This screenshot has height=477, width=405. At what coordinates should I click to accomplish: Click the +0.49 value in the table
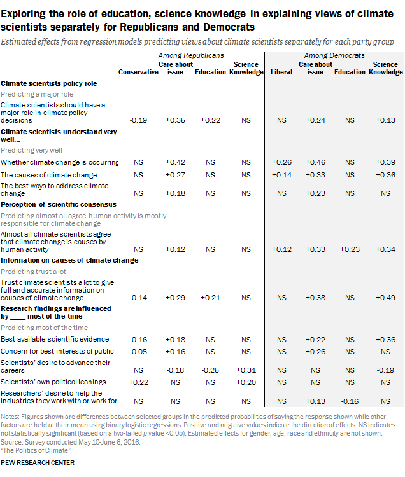click(x=385, y=298)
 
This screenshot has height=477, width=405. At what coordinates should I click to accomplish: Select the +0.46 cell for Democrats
click(x=315, y=162)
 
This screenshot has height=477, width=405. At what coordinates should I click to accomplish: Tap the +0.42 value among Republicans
click(x=175, y=162)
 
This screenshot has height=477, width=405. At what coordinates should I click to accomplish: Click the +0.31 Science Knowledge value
click(x=246, y=370)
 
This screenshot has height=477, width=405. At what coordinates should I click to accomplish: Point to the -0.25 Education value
click(x=210, y=370)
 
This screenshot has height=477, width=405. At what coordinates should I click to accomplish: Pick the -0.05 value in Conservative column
click(x=138, y=352)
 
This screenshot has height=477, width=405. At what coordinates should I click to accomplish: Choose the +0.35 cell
click(x=175, y=120)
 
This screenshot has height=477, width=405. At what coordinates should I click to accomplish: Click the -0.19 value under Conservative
click(x=138, y=120)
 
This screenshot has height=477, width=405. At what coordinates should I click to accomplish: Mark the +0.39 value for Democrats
click(x=385, y=162)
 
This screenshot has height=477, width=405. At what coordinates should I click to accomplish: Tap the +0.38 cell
click(x=315, y=298)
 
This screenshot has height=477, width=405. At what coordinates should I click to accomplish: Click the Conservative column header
click(x=138, y=72)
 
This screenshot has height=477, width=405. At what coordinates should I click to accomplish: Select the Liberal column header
click(x=281, y=72)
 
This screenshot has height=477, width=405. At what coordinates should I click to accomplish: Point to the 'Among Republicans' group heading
click(x=191, y=55)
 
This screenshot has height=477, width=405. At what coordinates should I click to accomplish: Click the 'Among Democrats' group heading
click(x=334, y=55)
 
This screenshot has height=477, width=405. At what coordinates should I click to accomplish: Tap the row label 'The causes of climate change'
click(x=49, y=176)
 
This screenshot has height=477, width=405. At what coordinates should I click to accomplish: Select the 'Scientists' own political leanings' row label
click(x=53, y=382)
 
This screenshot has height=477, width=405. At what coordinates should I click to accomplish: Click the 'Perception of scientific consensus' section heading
click(x=59, y=204)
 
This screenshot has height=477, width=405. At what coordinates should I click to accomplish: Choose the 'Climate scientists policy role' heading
click(x=49, y=84)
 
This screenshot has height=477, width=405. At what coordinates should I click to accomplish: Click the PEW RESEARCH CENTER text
click(x=38, y=463)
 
